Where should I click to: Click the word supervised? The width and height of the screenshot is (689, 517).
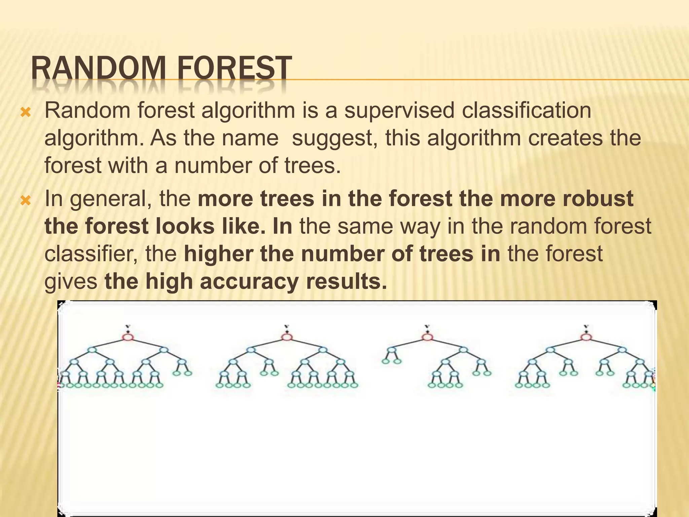[x=399, y=111]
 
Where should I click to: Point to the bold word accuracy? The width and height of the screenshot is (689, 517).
[x=249, y=282]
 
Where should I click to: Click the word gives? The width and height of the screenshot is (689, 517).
[x=71, y=282]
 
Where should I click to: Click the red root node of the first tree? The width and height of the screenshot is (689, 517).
[x=128, y=337]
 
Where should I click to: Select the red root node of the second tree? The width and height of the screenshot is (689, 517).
[x=287, y=337]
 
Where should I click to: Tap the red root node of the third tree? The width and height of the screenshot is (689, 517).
[x=427, y=337]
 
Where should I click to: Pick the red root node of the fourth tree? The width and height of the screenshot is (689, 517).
[x=586, y=337]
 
